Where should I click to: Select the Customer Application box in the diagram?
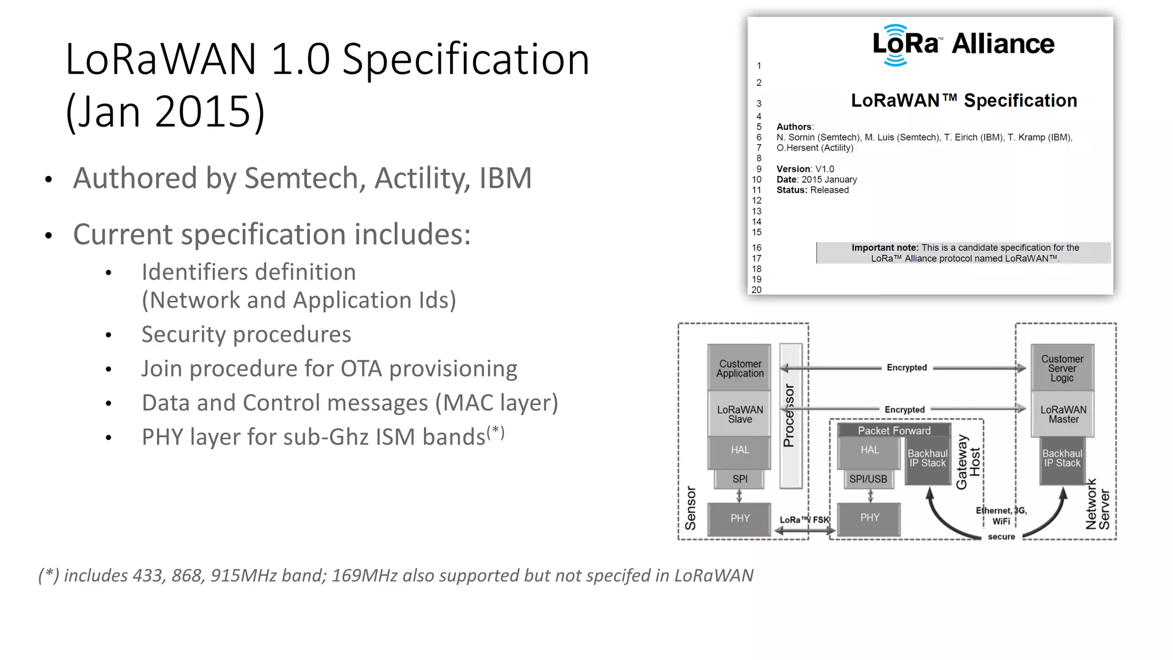(739, 368)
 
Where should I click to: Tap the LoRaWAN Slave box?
(739, 414)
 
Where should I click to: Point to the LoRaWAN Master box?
(1063, 414)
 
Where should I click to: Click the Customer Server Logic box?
(1062, 368)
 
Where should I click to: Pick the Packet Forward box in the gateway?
(893, 430)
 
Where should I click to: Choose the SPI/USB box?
(868, 479)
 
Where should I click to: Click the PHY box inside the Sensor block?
(739, 518)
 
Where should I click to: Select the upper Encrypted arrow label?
(906, 367)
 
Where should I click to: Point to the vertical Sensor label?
(691, 508)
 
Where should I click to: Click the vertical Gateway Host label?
(968, 462)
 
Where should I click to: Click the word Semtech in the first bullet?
(304, 178)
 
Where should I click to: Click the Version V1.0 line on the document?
(805, 169)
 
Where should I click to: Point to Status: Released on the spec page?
(812, 190)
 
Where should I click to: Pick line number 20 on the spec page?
(757, 290)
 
